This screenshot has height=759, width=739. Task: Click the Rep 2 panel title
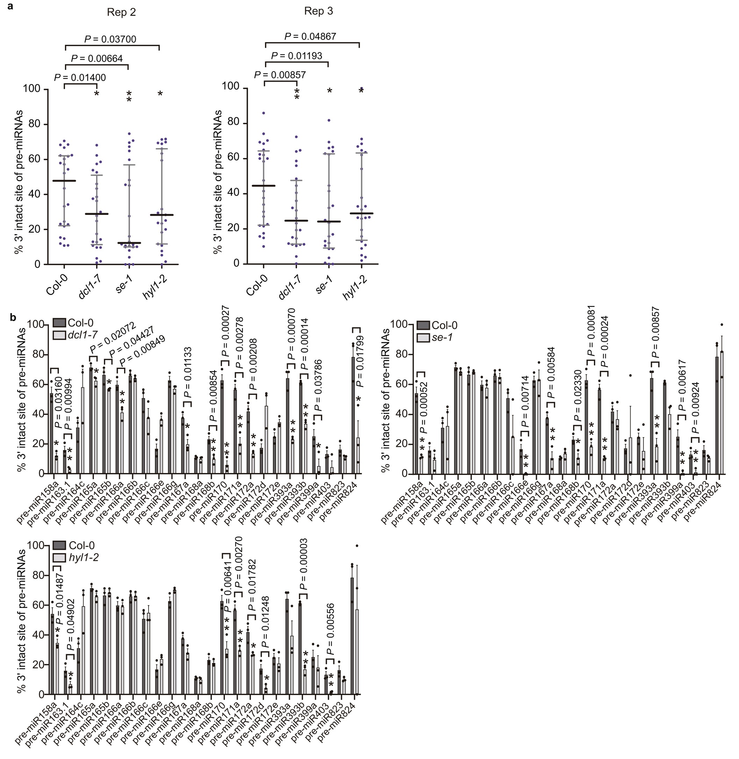tap(122, 13)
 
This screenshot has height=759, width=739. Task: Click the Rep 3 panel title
tap(318, 11)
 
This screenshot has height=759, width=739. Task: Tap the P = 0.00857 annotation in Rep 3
tap(280, 74)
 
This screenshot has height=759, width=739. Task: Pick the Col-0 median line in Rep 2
tap(64, 181)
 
